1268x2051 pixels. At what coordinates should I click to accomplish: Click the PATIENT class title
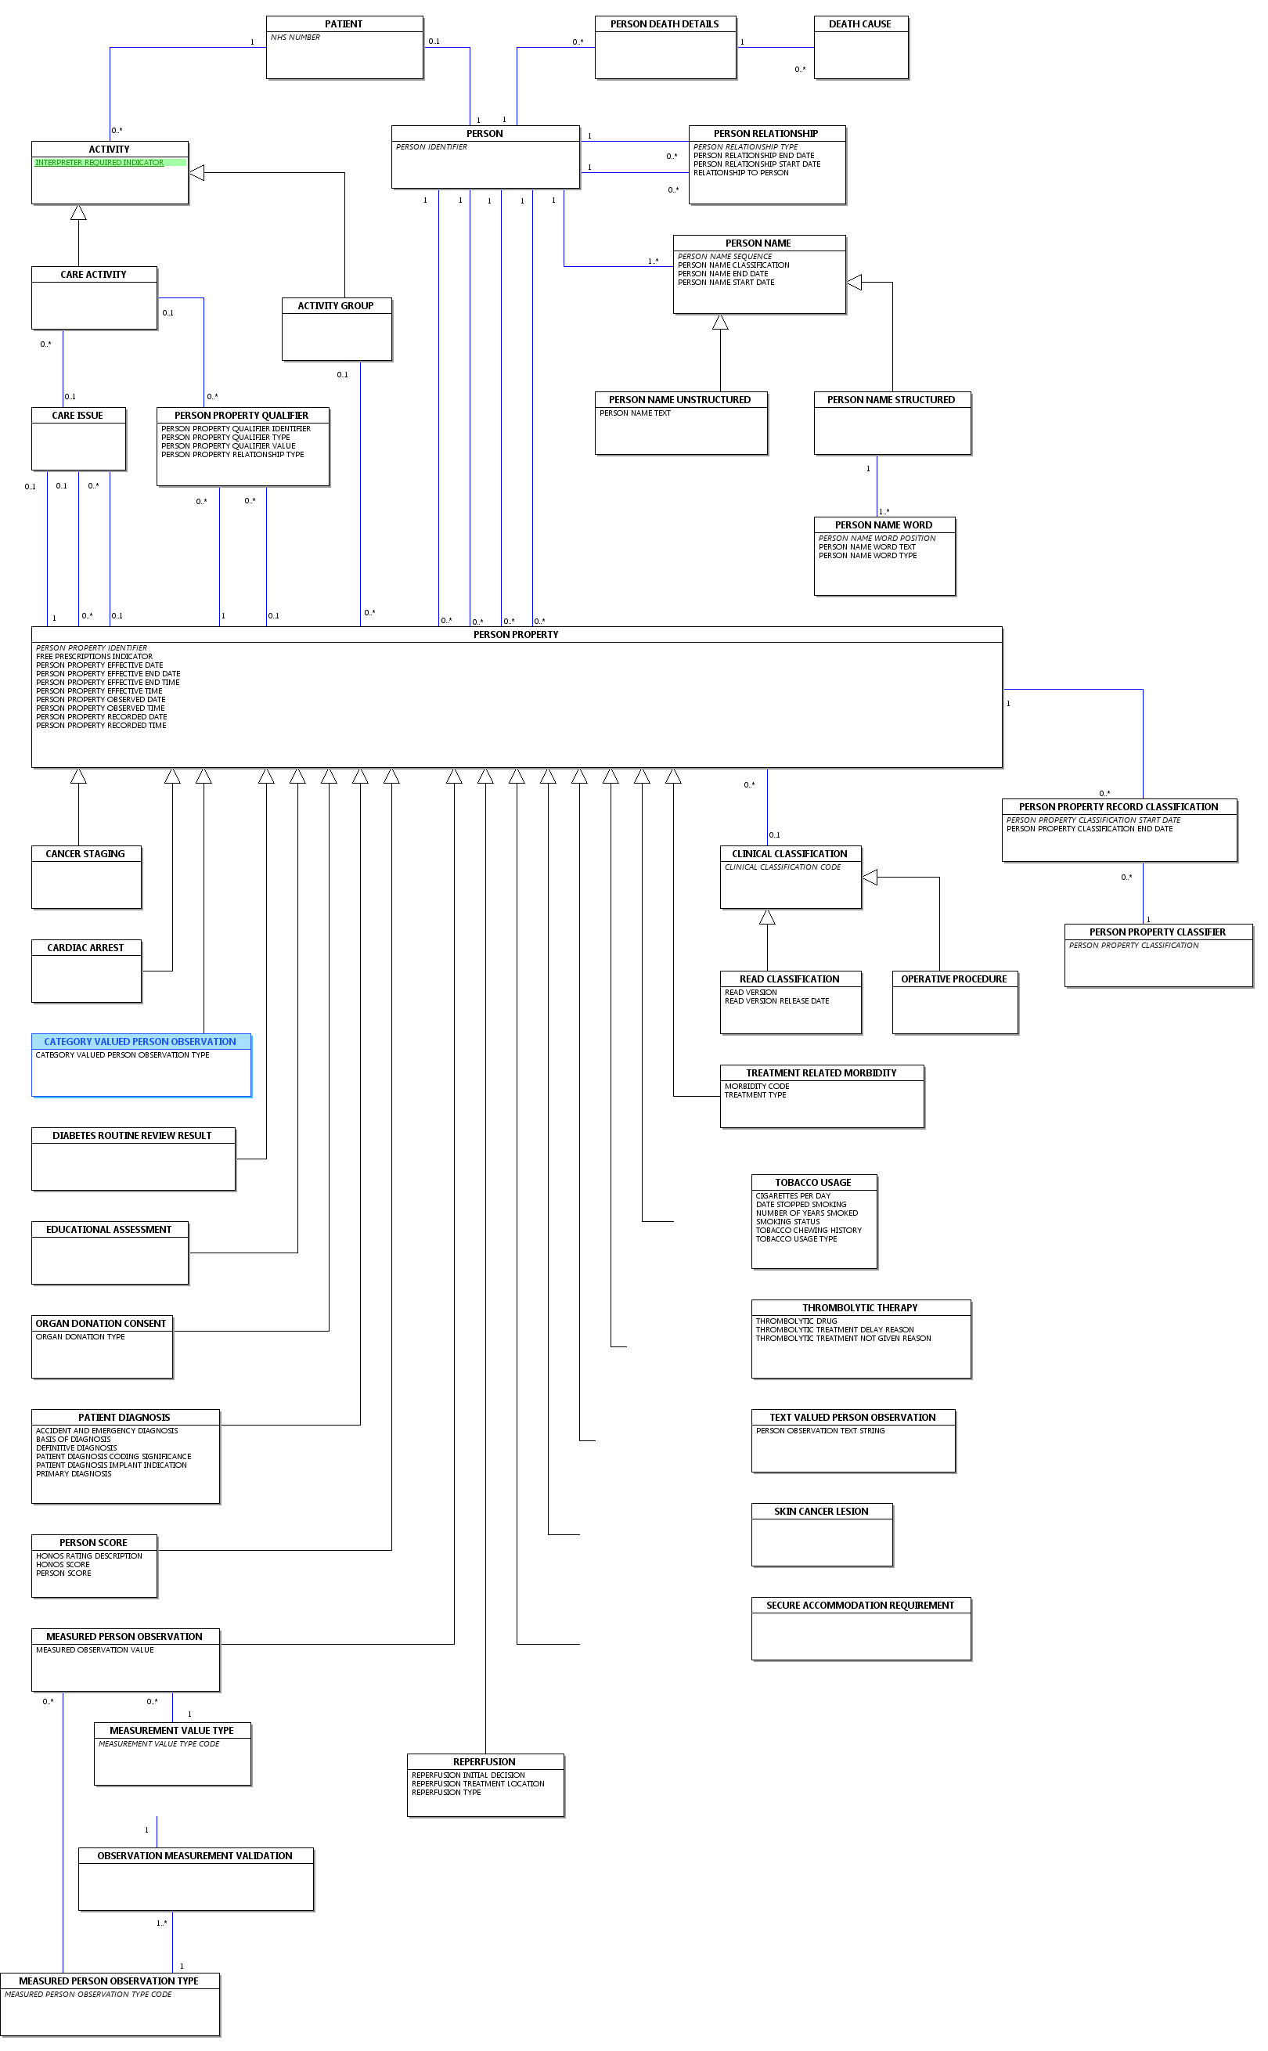(x=344, y=24)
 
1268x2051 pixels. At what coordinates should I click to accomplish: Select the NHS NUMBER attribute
(x=295, y=38)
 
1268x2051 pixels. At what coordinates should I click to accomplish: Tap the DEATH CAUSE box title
(x=859, y=24)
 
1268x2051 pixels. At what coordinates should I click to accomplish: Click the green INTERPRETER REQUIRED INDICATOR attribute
(x=100, y=163)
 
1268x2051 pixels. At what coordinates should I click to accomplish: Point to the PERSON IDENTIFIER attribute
(x=431, y=146)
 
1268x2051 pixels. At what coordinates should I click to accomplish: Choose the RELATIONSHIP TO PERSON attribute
(x=740, y=173)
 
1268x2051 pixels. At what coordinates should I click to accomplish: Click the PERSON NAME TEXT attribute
(x=635, y=413)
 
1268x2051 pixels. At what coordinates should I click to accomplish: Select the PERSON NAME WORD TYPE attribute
(x=867, y=556)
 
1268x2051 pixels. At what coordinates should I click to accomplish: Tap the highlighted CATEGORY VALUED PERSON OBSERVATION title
(x=140, y=1041)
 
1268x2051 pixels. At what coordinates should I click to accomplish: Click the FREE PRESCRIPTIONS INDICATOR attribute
(x=94, y=657)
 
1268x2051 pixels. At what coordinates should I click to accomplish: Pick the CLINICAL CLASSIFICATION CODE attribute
(x=783, y=867)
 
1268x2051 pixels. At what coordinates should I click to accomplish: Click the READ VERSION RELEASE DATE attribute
(x=776, y=1001)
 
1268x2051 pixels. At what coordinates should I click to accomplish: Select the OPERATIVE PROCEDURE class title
(x=953, y=979)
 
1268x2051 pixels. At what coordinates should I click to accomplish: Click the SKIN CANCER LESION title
(x=821, y=1511)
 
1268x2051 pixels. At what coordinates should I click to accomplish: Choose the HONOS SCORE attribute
(x=63, y=1565)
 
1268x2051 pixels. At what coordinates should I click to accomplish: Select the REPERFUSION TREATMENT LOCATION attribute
(x=478, y=1783)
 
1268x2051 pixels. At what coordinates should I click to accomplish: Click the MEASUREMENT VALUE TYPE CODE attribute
(x=160, y=1744)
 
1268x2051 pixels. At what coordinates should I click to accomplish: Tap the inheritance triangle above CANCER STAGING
(x=79, y=777)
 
